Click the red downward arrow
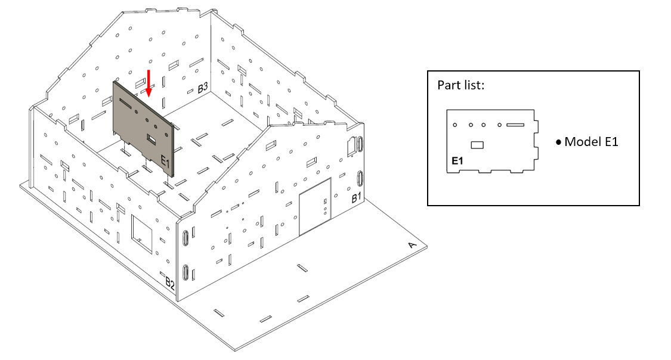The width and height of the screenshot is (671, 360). (x=149, y=83)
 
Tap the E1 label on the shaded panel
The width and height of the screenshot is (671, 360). (x=165, y=162)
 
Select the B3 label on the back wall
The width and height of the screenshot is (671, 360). (x=202, y=88)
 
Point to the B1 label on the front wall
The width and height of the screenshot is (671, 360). (x=356, y=197)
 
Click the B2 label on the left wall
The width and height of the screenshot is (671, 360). (x=170, y=283)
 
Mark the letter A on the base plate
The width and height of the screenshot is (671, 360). (x=412, y=245)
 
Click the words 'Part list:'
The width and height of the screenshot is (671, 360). (x=461, y=85)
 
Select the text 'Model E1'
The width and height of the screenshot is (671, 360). (x=592, y=141)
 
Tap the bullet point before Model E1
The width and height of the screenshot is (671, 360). (x=558, y=142)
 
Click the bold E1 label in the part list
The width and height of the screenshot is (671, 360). (x=457, y=161)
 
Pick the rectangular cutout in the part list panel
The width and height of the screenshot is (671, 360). (x=477, y=145)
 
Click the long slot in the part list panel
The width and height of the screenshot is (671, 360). (x=515, y=125)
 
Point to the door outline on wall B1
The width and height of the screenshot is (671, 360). (x=315, y=206)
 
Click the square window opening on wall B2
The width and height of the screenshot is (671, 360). (x=141, y=234)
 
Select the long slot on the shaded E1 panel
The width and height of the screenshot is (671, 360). (x=126, y=103)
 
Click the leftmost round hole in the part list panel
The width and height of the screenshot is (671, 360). (x=455, y=125)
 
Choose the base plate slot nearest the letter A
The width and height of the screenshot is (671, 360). (x=302, y=268)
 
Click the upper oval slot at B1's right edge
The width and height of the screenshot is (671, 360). (x=360, y=144)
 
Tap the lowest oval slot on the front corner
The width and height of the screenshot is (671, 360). (x=185, y=272)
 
